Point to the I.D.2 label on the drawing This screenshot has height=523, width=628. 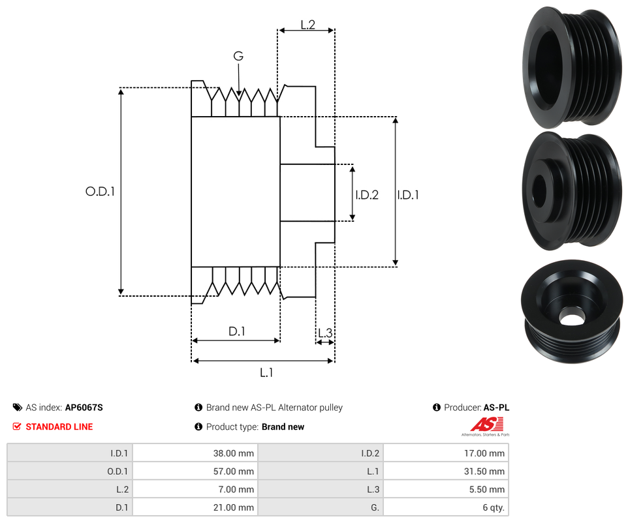367,194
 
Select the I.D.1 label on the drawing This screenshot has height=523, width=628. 408,194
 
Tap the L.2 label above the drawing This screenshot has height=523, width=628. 307,25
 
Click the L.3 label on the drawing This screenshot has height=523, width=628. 324,333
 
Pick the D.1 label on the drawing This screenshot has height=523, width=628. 236,331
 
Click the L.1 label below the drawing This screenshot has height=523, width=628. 266,372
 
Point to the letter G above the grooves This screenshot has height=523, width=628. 238,57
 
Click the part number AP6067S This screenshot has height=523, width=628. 84,408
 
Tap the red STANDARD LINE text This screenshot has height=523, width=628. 59,426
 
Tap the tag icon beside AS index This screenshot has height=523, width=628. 17,408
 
